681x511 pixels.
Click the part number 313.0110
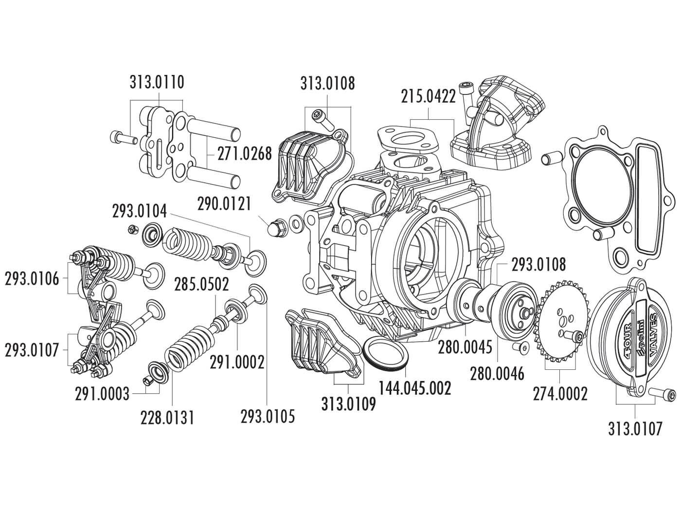[157, 82]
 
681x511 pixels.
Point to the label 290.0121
[224, 203]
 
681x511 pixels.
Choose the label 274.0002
[560, 393]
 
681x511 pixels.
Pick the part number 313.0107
[635, 428]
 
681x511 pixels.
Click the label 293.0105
[268, 416]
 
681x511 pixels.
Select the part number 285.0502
[202, 284]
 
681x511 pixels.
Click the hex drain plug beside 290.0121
[276, 227]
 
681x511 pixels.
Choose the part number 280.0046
[497, 373]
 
